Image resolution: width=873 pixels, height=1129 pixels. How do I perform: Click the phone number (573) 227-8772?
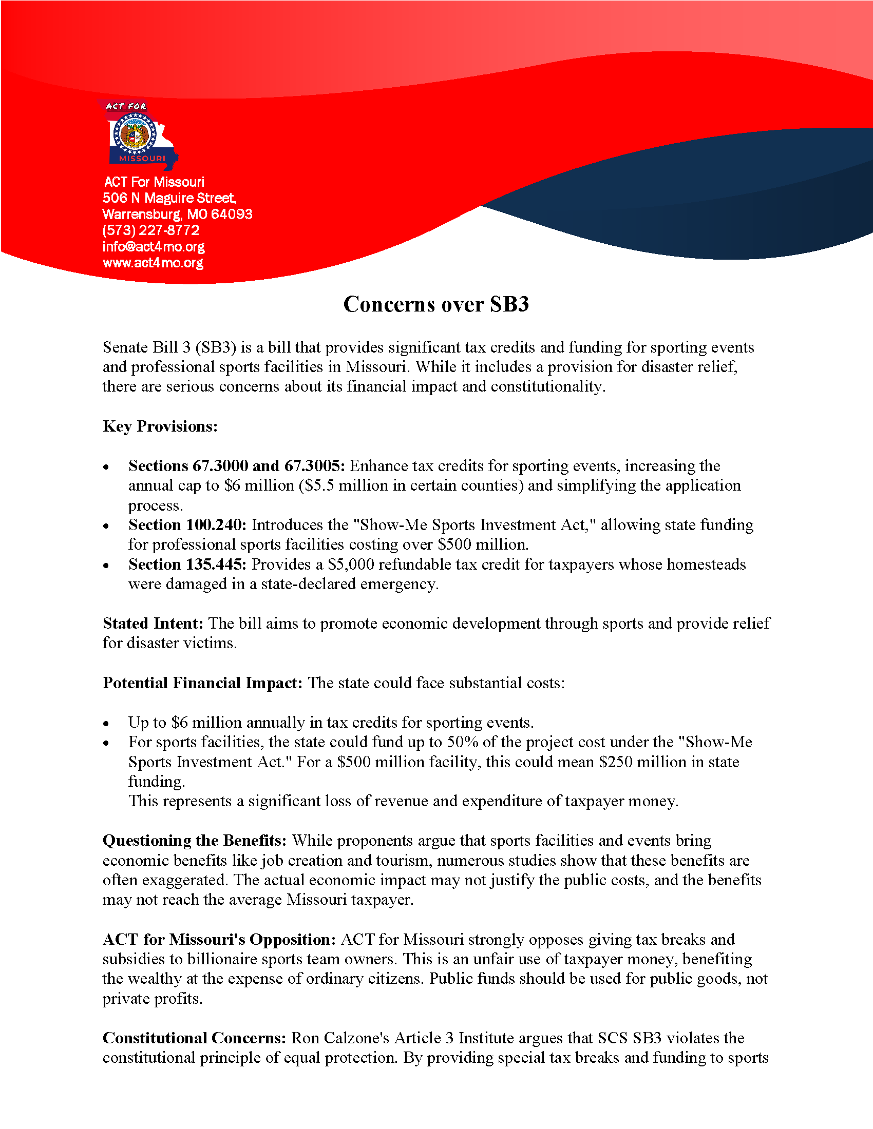150,230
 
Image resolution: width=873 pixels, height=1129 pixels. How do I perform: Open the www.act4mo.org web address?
153,263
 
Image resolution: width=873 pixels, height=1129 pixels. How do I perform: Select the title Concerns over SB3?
436,304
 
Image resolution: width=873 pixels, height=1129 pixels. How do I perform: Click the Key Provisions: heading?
160,426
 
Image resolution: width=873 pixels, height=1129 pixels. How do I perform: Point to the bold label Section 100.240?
188,524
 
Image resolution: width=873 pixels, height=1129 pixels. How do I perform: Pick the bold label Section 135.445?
188,564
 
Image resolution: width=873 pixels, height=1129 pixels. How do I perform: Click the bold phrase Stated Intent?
153,624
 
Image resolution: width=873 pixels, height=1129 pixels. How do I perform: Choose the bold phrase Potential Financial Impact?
202,683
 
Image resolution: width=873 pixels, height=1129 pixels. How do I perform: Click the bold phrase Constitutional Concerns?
194,1038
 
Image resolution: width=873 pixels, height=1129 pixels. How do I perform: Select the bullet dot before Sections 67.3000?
106,468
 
